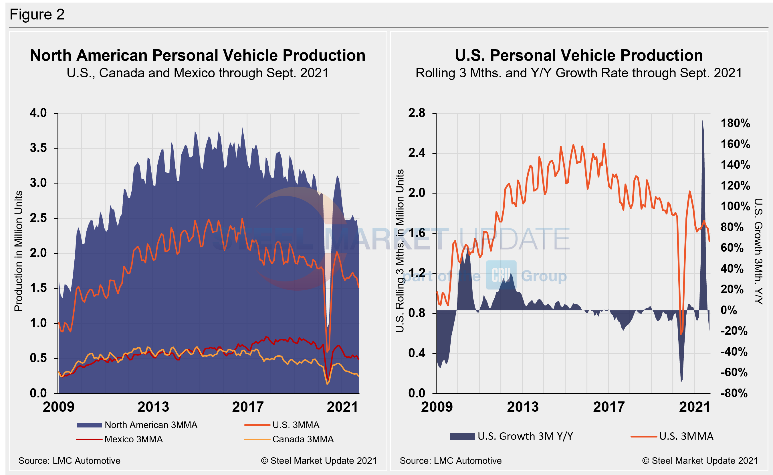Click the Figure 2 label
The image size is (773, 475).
(37, 14)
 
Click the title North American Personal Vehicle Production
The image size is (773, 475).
(198, 56)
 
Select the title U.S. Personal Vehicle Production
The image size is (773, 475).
(579, 56)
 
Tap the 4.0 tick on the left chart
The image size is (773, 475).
(38, 113)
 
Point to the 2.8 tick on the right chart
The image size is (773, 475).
(417, 113)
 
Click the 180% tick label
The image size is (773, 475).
(735, 123)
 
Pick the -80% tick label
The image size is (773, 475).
(734, 393)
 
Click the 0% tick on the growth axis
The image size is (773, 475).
(729, 310)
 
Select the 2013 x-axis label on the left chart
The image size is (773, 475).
(153, 407)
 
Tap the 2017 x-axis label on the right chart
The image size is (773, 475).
(609, 407)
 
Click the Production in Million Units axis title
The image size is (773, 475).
(19, 251)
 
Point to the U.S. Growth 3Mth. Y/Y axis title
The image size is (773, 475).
(758, 251)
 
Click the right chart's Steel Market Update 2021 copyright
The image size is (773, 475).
(700, 461)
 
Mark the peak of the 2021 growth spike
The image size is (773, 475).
(702, 121)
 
